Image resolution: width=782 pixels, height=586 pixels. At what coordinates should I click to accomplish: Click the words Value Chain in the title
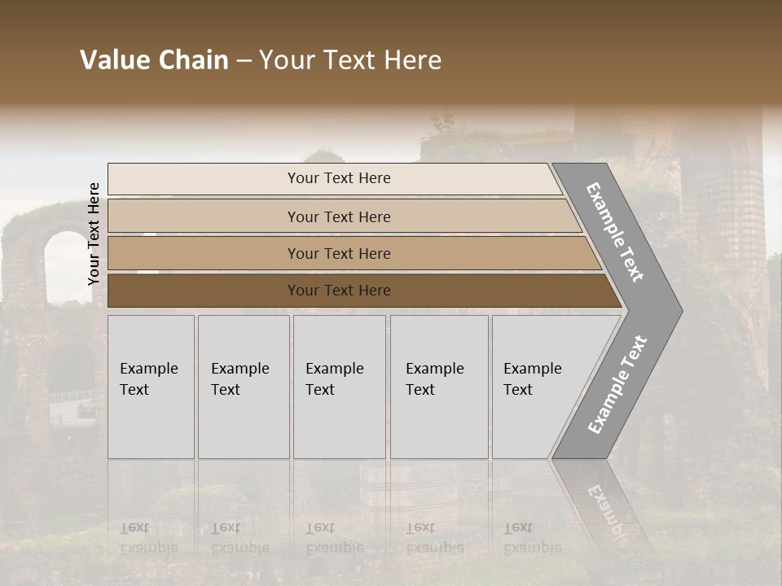(x=154, y=60)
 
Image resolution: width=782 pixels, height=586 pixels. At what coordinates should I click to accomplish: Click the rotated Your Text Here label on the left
(x=94, y=234)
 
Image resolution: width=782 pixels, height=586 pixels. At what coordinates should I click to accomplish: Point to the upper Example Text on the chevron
(x=615, y=232)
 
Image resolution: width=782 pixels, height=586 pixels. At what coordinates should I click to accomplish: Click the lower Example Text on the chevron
(x=617, y=385)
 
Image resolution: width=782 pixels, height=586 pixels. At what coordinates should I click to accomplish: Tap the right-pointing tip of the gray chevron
(x=678, y=310)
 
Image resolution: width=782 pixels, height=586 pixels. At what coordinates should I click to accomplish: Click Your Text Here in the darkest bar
(x=339, y=291)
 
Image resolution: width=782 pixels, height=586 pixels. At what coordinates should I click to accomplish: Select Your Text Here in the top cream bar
(x=339, y=178)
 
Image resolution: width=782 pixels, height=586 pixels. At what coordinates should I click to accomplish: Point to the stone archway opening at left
(x=65, y=265)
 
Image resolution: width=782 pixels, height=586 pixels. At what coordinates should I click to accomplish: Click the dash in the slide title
(x=244, y=61)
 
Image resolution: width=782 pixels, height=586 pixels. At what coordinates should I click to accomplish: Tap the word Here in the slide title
(x=413, y=60)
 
